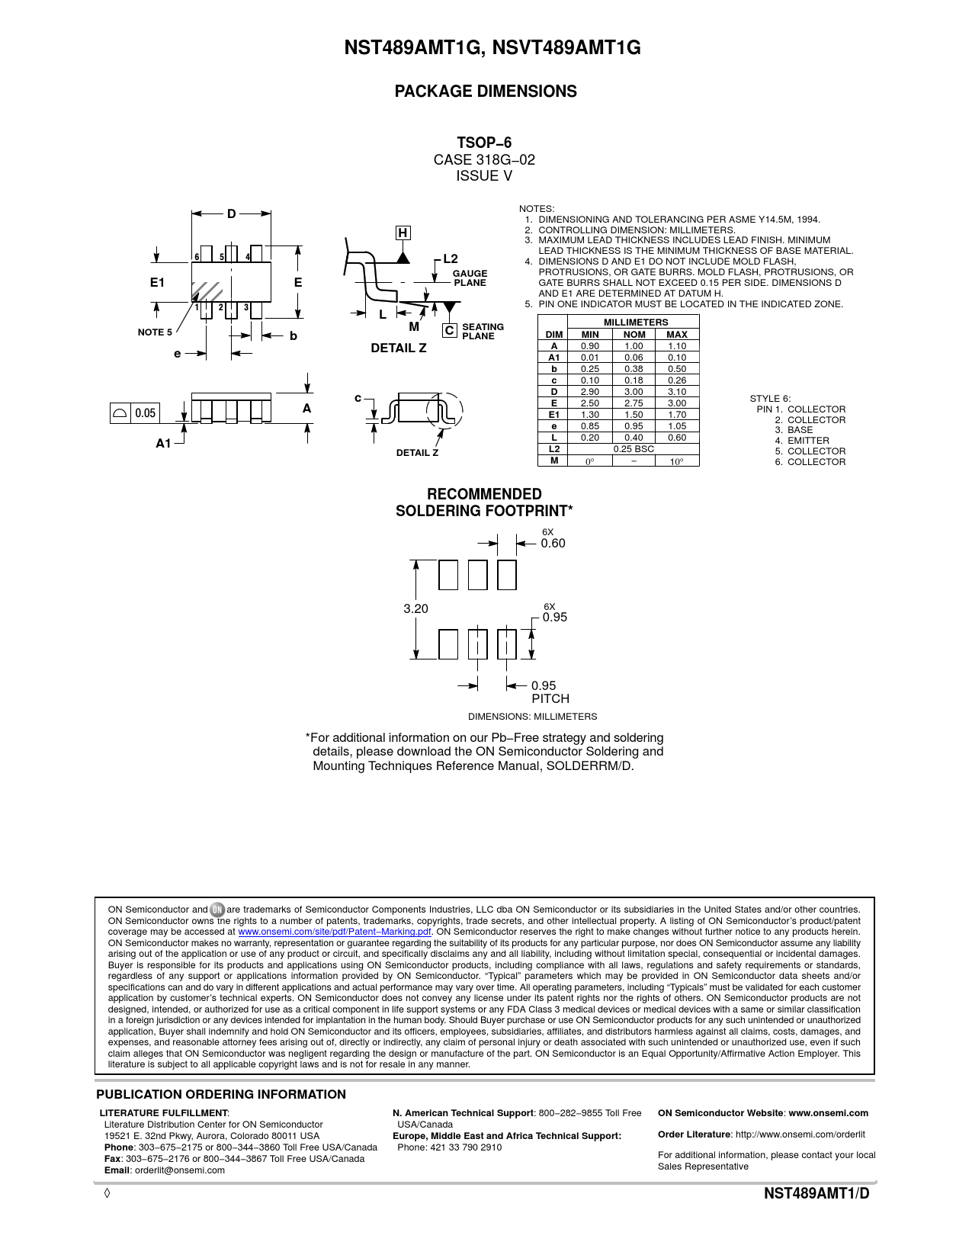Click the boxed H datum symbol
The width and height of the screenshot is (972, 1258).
pyautogui.click(x=403, y=233)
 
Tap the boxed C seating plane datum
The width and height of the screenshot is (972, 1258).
pyautogui.click(x=449, y=331)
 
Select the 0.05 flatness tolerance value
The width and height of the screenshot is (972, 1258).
pyautogui.click(x=146, y=412)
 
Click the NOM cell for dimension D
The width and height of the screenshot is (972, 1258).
pyautogui.click(x=634, y=392)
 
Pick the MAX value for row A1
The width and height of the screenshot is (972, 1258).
pyautogui.click(x=677, y=358)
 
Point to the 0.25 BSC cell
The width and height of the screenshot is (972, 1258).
pyautogui.click(x=634, y=449)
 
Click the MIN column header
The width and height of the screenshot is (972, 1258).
pyautogui.click(x=590, y=335)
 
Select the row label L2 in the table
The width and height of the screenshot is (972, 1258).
pyautogui.click(x=554, y=449)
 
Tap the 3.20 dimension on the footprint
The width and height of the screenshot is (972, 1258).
pyautogui.click(x=415, y=608)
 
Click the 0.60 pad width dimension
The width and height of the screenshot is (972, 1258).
pyautogui.click(x=553, y=543)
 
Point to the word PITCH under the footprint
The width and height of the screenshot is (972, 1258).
pyautogui.click(x=550, y=698)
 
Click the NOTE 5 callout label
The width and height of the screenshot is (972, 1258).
pyautogui.click(x=155, y=332)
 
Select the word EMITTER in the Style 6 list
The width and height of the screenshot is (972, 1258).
pyautogui.click(x=808, y=441)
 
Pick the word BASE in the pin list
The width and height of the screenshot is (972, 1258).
pyautogui.click(x=800, y=430)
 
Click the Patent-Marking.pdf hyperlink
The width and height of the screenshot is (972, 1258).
pyautogui.click(x=335, y=932)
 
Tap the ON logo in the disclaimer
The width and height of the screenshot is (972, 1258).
pyautogui.click(x=217, y=910)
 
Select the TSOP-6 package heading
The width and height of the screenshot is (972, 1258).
pyautogui.click(x=484, y=143)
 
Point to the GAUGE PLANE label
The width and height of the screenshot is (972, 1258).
pyautogui.click(x=470, y=278)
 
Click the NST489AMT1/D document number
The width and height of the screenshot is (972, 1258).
pyautogui.click(x=816, y=1194)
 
